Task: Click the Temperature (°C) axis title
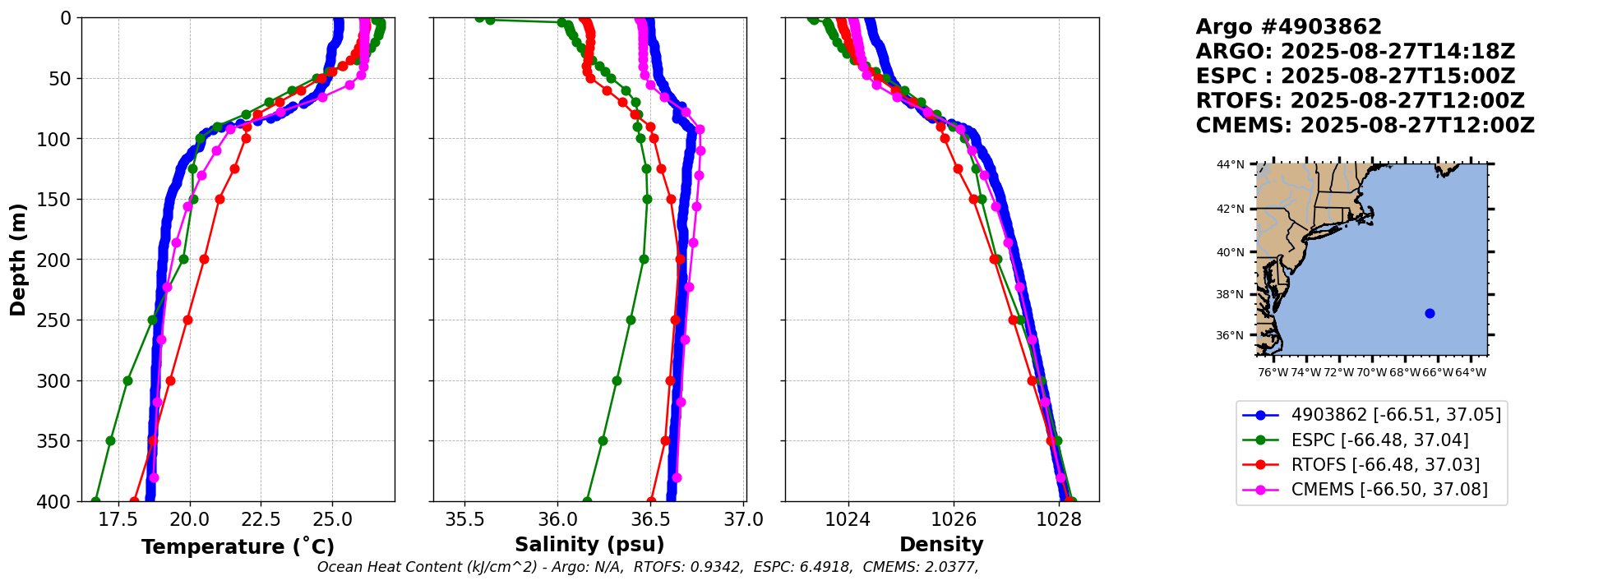pyautogui.click(x=238, y=547)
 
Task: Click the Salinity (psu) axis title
pyautogui.click(x=589, y=545)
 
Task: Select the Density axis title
pyautogui.click(x=941, y=545)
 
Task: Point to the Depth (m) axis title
pyautogui.click(x=17, y=259)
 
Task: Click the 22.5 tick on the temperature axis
pyautogui.click(x=261, y=520)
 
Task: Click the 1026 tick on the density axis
pyautogui.click(x=954, y=520)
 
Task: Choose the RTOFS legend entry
pyautogui.click(x=1385, y=465)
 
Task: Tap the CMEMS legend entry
pyautogui.click(x=1389, y=490)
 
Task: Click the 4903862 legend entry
pyautogui.click(x=1396, y=415)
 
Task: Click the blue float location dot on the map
pyautogui.click(x=1430, y=313)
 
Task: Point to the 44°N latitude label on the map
pyautogui.click(x=1231, y=164)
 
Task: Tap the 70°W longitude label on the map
pyautogui.click(x=1371, y=372)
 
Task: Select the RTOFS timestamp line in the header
pyautogui.click(x=1360, y=101)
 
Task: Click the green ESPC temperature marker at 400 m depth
pyautogui.click(x=95, y=501)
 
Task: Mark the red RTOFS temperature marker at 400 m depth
pyautogui.click(x=134, y=501)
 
